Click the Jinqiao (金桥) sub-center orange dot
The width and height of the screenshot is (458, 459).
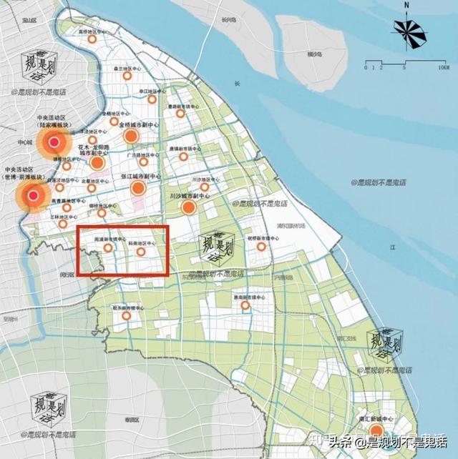[x=131, y=136]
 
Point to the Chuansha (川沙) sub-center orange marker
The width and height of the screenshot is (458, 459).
[x=189, y=207]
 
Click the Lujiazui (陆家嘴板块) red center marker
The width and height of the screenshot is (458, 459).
[x=53, y=142]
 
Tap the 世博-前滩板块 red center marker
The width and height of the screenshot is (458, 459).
[x=33, y=195]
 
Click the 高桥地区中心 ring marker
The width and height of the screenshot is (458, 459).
[x=92, y=40]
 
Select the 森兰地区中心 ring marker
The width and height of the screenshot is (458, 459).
[x=127, y=76]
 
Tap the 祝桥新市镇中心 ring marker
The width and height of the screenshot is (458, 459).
[x=261, y=247]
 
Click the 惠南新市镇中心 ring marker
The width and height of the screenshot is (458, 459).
[x=245, y=305]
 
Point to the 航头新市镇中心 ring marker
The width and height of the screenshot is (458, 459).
[x=127, y=315]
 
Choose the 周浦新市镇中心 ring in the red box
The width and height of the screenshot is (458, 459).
[x=108, y=248]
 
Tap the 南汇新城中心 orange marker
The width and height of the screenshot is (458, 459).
[x=376, y=431]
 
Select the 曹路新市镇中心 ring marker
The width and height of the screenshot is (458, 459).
[x=180, y=113]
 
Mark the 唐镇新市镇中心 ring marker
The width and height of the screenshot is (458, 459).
[x=183, y=156]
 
